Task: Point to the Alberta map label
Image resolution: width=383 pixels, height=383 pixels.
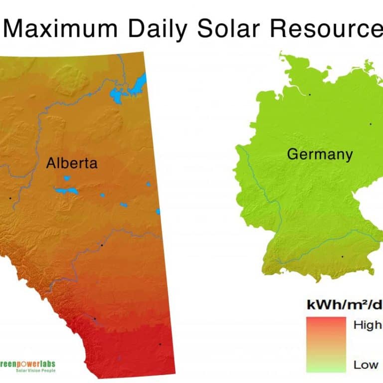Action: click(x=72, y=163)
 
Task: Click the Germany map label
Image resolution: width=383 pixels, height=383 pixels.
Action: click(x=320, y=154)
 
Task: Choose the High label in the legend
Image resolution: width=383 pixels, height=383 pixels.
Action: click(x=367, y=326)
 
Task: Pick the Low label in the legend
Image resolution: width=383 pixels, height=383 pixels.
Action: click(x=366, y=365)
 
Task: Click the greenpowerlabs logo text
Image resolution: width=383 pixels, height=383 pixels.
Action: click(x=27, y=364)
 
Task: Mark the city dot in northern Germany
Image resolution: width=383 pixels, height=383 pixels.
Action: click(x=309, y=94)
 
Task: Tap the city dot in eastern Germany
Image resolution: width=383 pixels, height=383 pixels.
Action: click(x=371, y=124)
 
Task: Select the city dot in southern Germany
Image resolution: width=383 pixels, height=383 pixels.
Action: click(x=342, y=256)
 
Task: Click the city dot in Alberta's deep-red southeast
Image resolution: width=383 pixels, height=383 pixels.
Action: click(x=160, y=344)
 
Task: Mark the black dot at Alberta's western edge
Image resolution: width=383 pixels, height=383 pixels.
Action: click(x=9, y=198)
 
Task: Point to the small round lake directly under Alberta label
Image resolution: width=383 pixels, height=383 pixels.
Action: click(x=67, y=178)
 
